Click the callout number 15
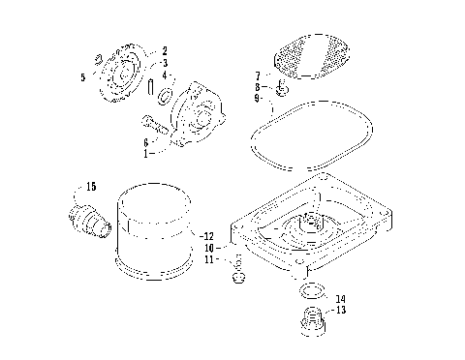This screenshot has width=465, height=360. (x=91, y=185)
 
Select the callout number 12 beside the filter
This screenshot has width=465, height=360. (x=208, y=235)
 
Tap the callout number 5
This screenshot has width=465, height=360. (x=84, y=75)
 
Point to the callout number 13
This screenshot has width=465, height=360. (x=340, y=311)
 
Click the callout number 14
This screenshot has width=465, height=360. (x=340, y=298)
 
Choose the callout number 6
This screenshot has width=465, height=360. (x=146, y=141)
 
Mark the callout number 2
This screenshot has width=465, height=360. (x=165, y=50)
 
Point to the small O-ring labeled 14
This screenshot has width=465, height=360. (x=312, y=291)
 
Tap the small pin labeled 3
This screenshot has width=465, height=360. (x=154, y=84)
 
